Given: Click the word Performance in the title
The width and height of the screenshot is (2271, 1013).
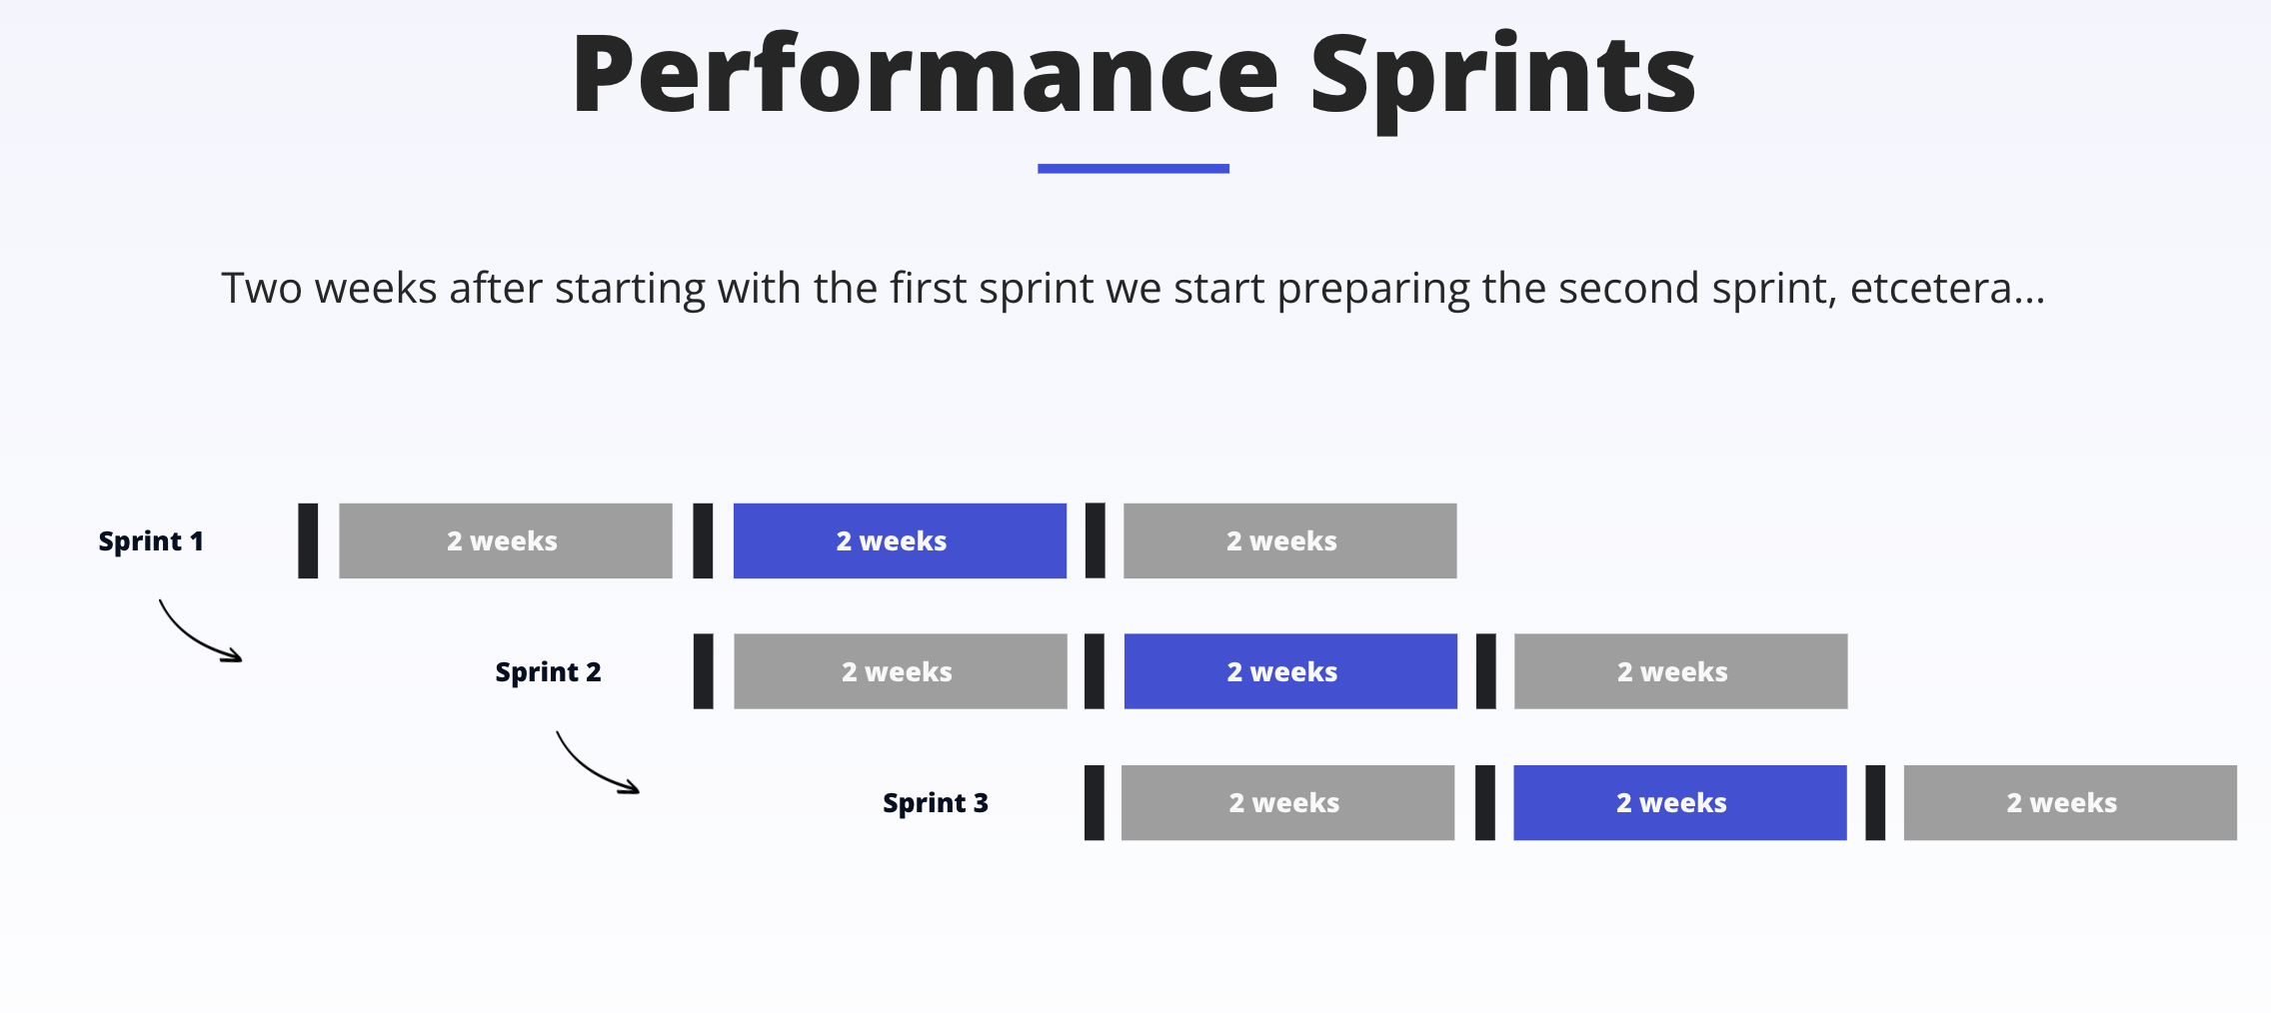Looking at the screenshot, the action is [x=925, y=74].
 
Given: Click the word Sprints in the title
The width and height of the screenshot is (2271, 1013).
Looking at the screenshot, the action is [x=1502, y=80].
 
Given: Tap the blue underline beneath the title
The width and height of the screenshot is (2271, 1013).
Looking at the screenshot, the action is [x=1134, y=169].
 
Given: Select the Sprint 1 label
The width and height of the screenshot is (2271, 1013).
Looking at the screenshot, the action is [x=151, y=541].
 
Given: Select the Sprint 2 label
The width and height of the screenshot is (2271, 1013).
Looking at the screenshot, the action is [x=549, y=672].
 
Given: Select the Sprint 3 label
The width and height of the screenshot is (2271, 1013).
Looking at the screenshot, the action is [x=936, y=803].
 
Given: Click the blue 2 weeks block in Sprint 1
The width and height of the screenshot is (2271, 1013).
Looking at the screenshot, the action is [x=900, y=540].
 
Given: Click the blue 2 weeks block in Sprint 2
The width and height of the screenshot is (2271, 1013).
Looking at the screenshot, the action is [x=1290, y=671].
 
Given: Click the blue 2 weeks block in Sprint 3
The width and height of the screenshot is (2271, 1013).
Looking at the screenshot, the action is [x=1680, y=802].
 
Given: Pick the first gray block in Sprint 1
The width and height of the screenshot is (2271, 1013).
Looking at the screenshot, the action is [x=506, y=540].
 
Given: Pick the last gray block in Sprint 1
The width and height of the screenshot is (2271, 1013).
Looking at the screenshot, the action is [x=1290, y=540].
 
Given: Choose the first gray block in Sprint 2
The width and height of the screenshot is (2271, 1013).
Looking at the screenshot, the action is [x=901, y=671].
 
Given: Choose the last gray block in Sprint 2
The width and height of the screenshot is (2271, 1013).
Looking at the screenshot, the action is [x=1681, y=671].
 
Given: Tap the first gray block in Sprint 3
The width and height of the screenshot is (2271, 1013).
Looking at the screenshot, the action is [x=1288, y=802].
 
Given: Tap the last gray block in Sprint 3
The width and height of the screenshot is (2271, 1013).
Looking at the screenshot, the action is [x=2070, y=802].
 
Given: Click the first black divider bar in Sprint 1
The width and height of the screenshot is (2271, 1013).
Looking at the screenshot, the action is [x=308, y=540].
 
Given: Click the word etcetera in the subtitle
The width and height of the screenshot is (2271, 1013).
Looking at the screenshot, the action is [x=1930, y=289].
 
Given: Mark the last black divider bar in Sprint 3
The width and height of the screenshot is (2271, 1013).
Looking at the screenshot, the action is [x=1875, y=802].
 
